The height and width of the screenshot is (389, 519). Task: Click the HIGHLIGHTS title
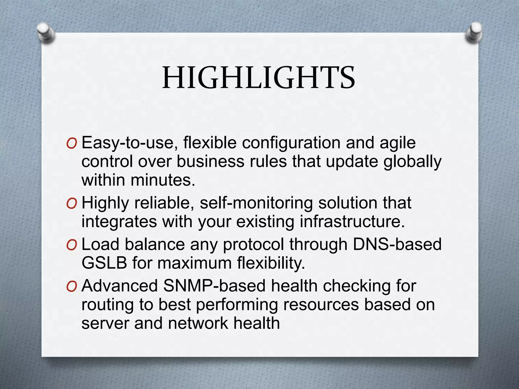point(258,78)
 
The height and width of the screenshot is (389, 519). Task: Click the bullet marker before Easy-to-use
point(71,144)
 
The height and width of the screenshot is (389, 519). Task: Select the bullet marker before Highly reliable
point(71,204)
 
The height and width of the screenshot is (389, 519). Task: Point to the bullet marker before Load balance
point(71,245)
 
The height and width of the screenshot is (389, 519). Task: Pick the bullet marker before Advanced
point(71,286)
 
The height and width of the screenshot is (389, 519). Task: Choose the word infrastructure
point(352,222)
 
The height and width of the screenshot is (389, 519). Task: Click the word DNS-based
point(397,244)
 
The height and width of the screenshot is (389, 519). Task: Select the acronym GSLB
point(104,263)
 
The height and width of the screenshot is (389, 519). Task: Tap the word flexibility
point(271,263)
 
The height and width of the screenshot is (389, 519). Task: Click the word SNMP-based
point(214,286)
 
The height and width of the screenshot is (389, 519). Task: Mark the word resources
point(321,305)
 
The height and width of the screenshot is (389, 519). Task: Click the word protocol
point(253,245)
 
